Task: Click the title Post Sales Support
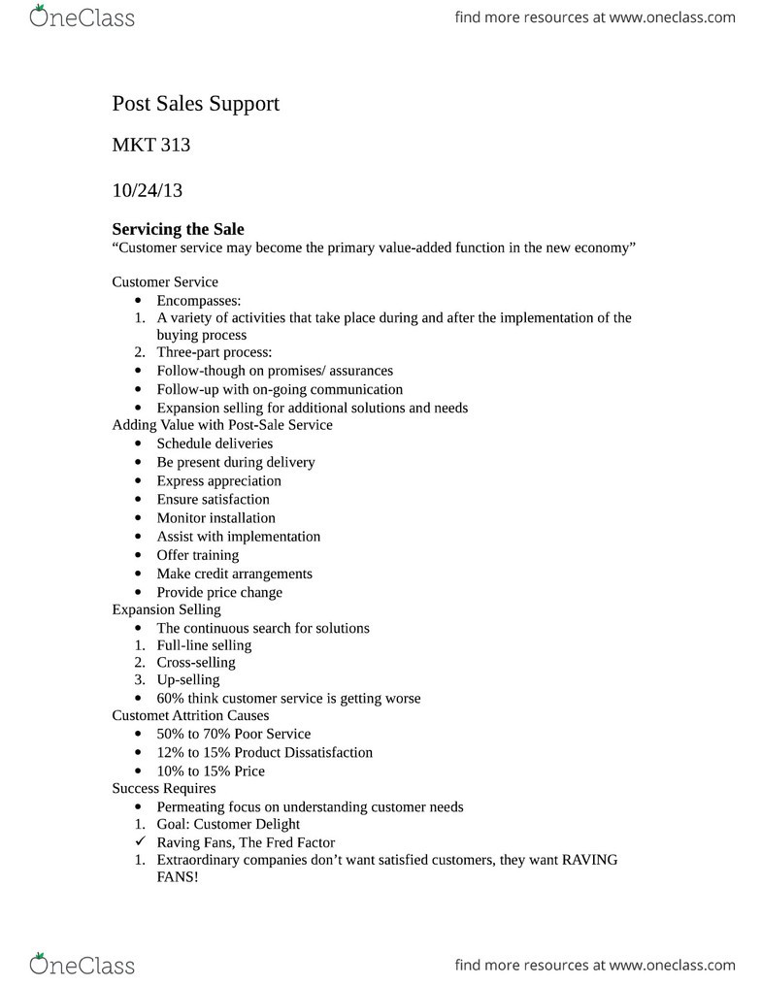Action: [195, 103]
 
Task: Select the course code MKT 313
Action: [151, 147]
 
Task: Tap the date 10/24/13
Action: [148, 190]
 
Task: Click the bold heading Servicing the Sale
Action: [179, 230]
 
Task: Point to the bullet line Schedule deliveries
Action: [215, 443]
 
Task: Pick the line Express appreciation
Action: [218, 480]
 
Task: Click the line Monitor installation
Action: [215, 518]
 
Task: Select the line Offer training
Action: [197, 555]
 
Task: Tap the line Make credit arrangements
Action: [234, 574]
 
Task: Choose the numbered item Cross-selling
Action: [195, 663]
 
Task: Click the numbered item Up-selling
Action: [188, 680]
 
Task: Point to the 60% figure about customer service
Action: [170, 699]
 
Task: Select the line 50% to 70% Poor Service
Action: [233, 734]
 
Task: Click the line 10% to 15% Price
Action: [210, 772]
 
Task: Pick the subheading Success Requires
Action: [164, 788]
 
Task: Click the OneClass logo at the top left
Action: [83, 16]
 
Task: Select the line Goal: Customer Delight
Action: [228, 825]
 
